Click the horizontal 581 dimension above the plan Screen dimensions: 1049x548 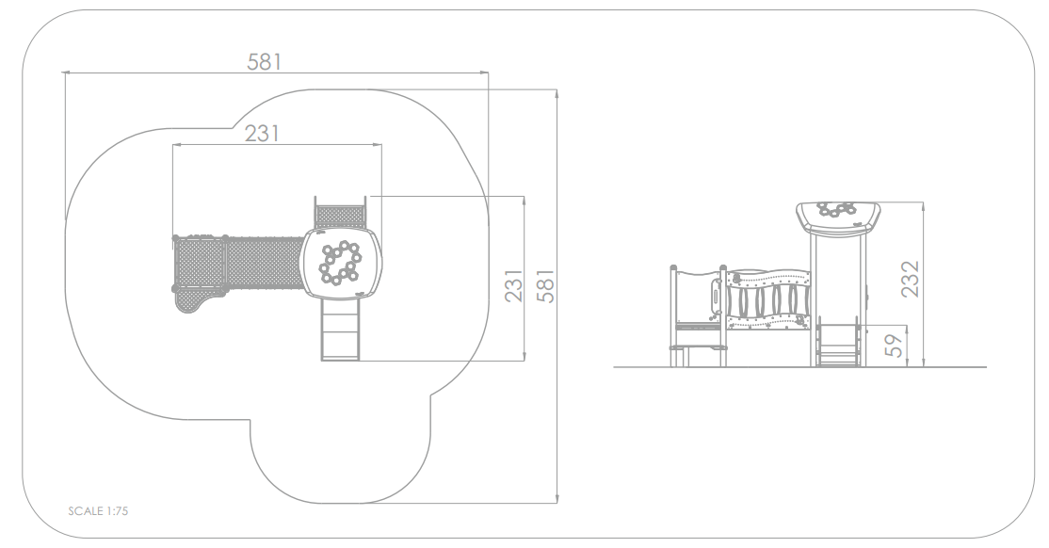265,62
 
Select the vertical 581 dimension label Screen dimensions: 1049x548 546,286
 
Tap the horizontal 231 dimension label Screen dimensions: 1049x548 262,134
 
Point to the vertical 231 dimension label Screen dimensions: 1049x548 513,286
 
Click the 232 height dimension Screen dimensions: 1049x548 910,279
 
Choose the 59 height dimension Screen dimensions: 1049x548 893,346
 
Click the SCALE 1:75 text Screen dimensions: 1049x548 98,511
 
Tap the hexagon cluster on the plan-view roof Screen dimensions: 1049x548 340,261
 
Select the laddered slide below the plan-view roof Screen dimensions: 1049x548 341,330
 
